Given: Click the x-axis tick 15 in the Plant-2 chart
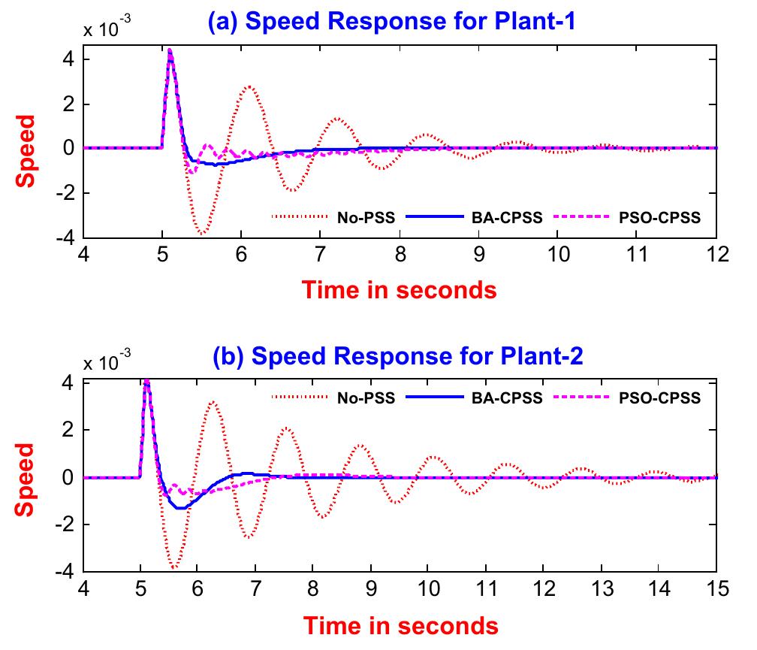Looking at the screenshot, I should pos(716,588).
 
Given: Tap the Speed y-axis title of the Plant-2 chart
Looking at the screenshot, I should pos(26,479).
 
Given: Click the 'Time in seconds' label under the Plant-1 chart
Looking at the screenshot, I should pos(400,289).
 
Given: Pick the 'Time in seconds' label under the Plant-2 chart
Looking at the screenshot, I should pos(400,624).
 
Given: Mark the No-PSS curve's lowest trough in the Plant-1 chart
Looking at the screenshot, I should pos(201,234).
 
